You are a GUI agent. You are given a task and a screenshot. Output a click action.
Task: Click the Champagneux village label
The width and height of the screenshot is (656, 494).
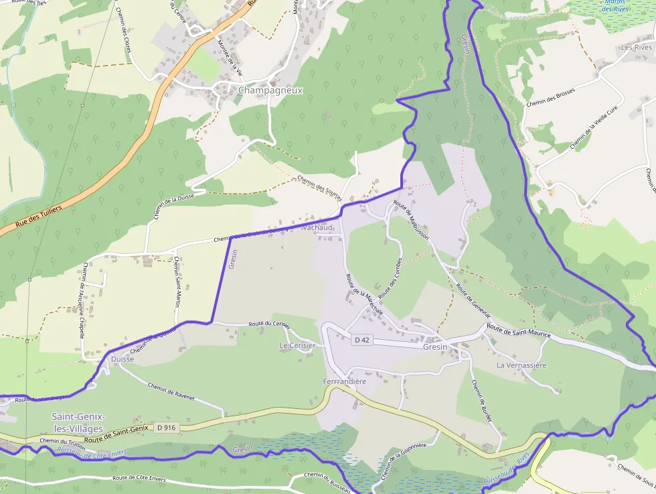[x=270, y=90]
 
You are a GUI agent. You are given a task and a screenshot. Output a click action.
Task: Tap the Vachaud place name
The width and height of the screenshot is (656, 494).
[x=317, y=228]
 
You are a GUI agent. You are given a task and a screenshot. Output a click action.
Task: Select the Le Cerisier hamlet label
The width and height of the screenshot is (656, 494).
[x=297, y=345]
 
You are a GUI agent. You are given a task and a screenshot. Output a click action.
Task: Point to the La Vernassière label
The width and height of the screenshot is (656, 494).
[x=521, y=365]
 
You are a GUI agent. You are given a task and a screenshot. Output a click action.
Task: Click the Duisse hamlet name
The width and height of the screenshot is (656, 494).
[x=122, y=359]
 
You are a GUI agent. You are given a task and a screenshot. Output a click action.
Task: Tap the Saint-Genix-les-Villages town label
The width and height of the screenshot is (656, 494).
[x=78, y=422]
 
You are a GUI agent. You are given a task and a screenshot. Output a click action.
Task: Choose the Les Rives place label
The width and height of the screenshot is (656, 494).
[x=636, y=48]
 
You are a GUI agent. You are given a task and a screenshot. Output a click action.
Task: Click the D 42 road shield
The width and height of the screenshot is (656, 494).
[x=361, y=340]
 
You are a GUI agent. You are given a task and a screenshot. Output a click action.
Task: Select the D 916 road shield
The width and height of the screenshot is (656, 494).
[x=166, y=428]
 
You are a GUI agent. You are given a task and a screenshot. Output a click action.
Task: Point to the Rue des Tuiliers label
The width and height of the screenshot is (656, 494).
[x=39, y=214]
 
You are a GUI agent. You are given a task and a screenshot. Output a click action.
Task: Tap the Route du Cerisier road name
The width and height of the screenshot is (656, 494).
[x=269, y=324]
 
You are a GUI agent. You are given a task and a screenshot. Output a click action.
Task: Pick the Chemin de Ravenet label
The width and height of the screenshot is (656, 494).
[x=171, y=392]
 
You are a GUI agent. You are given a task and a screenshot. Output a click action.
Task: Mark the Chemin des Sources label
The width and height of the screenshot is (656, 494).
[x=320, y=188]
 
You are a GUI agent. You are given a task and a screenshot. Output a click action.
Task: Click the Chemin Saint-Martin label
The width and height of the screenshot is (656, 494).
[x=177, y=282]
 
